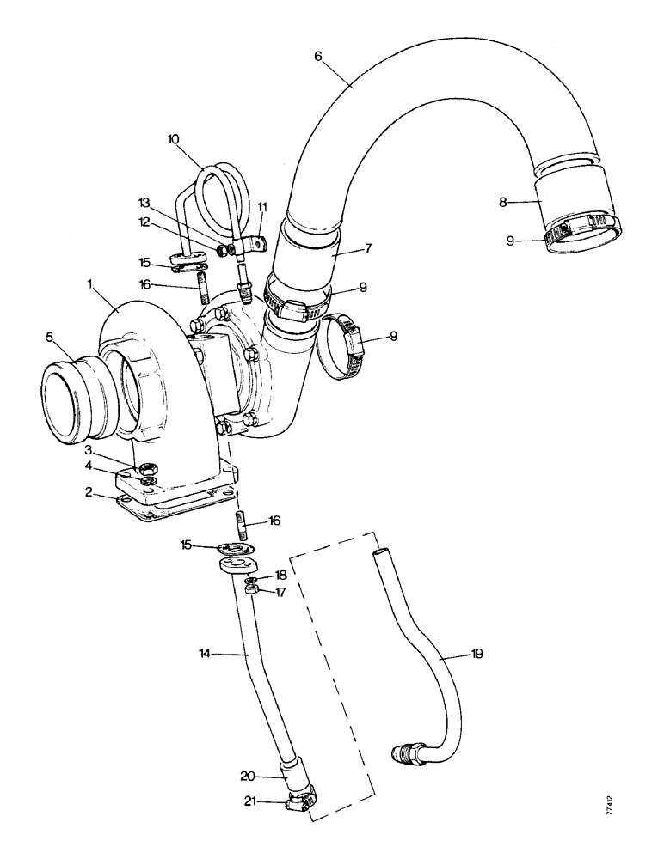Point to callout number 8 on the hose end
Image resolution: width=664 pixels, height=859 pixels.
(x=504, y=203)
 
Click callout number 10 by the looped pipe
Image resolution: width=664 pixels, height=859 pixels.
(x=175, y=138)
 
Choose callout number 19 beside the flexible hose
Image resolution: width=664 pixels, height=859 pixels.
(x=477, y=654)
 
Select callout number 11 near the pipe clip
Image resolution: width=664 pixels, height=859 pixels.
(x=262, y=206)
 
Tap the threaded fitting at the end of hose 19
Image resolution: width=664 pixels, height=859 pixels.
(x=405, y=752)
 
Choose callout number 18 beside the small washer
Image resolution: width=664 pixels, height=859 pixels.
(x=280, y=574)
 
